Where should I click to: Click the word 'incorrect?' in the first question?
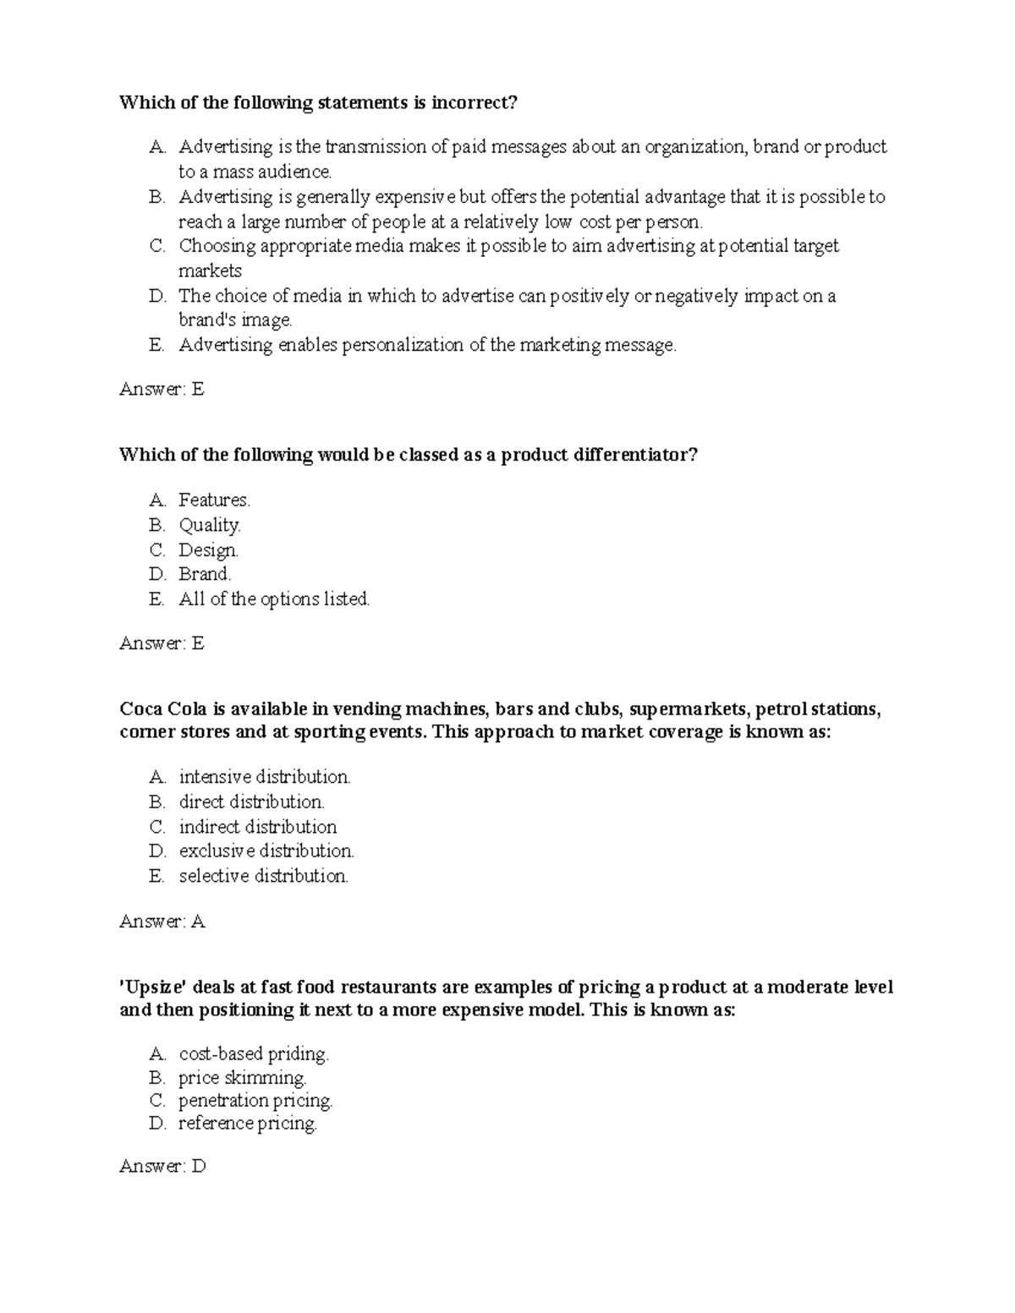click(x=474, y=103)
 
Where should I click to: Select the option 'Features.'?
click(x=214, y=501)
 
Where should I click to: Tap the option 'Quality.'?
click(x=209, y=525)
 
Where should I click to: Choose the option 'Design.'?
click(x=208, y=550)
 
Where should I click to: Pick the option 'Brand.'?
click(x=205, y=574)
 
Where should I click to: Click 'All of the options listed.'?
click(x=274, y=599)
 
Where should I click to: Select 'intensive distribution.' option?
click(x=264, y=777)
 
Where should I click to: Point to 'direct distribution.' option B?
click(x=251, y=801)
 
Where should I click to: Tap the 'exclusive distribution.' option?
click(x=266, y=851)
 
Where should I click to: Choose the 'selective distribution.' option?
click(x=263, y=876)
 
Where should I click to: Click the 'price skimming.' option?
click(x=242, y=1078)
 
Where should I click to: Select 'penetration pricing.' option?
click(x=255, y=1101)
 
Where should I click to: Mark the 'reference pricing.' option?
click(x=247, y=1124)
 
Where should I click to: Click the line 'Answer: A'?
click(x=162, y=922)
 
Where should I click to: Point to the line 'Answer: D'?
click(x=162, y=1167)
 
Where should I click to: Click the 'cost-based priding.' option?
click(x=253, y=1054)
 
